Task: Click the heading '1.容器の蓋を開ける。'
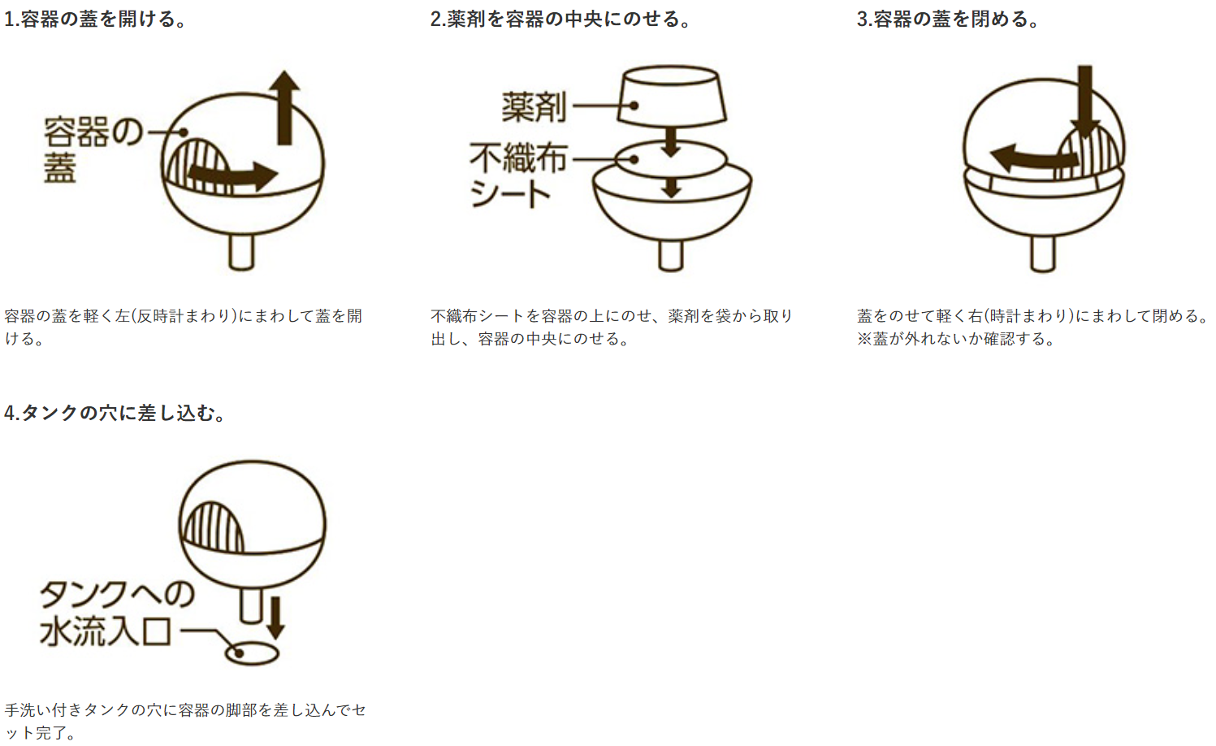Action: (x=96, y=20)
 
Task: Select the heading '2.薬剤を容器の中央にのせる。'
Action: (x=561, y=20)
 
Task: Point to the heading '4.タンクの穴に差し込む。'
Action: (x=115, y=413)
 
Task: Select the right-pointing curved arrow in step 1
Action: (x=233, y=176)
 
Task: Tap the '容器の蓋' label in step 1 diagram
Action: (x=93, y=150)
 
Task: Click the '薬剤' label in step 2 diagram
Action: (x=534, y=106)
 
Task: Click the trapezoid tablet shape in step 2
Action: (x=672, y=97)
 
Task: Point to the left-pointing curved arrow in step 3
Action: (x=1034, y=158)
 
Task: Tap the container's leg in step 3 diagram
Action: (x=1042, y=254)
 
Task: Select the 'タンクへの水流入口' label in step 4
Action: (x=116, y=614)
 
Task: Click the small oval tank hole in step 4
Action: (x=252, y=653)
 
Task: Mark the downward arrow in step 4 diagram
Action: (x=275, y=618)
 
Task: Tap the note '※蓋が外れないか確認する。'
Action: (x=957, y=339)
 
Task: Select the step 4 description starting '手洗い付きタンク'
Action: (x=185, y=721)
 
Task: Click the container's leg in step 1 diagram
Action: (x=241, y=252)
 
